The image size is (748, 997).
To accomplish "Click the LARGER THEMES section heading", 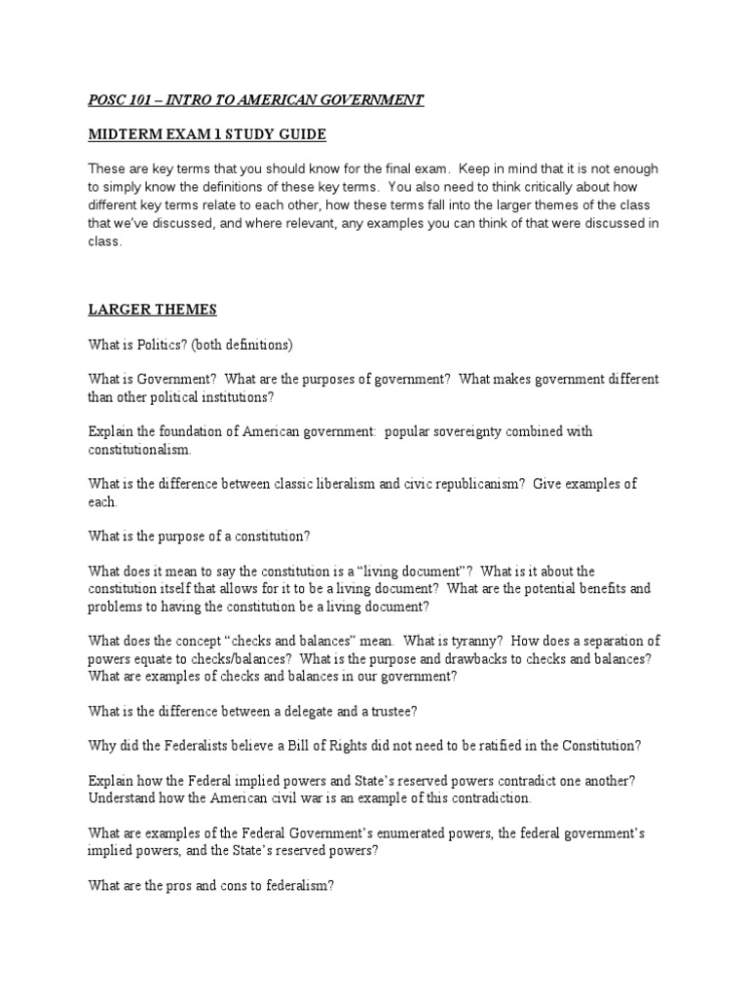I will point(152,310).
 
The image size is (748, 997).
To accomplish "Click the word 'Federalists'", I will point(195,746).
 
